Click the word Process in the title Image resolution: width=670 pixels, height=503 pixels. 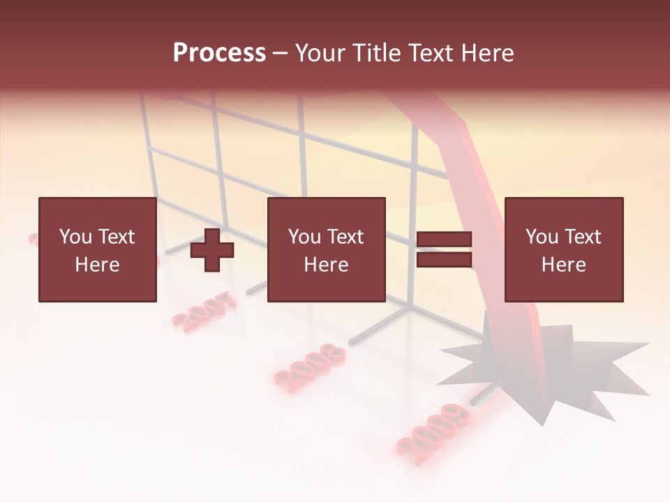(x=219, y=53)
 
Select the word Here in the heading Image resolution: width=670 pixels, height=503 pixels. (x=486, y=53)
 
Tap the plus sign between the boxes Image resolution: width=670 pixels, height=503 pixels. (x=212, y=250)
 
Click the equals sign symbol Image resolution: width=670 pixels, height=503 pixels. (x=444, y=249)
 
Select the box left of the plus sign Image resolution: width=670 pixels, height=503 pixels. (x=97, y=249)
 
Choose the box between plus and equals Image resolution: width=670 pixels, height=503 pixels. (x=326, y=249)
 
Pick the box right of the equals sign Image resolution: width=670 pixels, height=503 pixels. (x=563, y=249)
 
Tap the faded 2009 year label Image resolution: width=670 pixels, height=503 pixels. (x=433, y=428)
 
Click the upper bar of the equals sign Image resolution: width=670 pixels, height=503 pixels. (x=444, y=240)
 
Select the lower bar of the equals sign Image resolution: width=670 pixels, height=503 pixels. (x=444, y=260)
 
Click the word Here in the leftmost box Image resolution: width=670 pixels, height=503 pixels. (x=97, y=264)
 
